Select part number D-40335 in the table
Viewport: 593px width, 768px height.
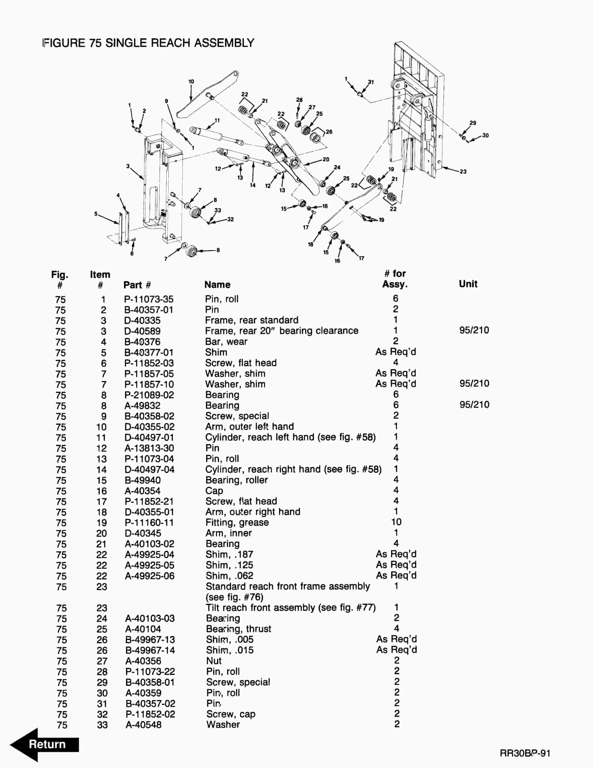pos(142,320)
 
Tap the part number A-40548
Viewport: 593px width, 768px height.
pos(143,725)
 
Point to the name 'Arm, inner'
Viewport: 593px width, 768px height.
pos(229,533)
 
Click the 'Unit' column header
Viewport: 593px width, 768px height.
pos(468,284)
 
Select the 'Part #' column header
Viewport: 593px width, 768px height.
pos(137,285)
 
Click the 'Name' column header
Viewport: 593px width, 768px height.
pos(218,284)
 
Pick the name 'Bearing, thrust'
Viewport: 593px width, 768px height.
pos(239,629)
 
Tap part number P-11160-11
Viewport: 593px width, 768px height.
pos(149,523)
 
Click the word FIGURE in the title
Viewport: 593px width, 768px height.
pos(64,43)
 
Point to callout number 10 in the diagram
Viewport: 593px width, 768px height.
pos(191,82)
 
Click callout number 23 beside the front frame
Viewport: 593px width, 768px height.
pos(463,172)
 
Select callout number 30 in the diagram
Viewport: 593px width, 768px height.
pos(485,135)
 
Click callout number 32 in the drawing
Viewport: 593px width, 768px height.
pos(230,219)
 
